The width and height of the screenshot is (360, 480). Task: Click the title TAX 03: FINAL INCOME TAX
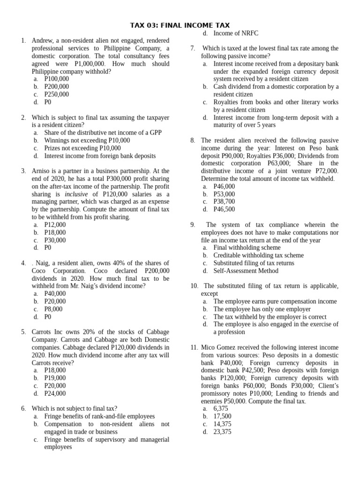click(x=180, y=25)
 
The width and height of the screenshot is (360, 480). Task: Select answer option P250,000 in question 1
click(x=56, y=94)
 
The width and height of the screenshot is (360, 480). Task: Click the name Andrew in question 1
click(x=43, y=41)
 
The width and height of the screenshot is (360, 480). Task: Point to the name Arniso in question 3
click(x=43, y=171)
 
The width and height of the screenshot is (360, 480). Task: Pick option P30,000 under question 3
click(x=55, y=240)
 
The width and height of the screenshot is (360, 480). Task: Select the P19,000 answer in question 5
click(x=55, y=378)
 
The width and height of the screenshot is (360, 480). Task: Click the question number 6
click(x=23, y=408)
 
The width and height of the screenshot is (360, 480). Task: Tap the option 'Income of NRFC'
click(x=236, y=33)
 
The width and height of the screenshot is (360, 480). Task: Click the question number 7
click(x=193, y=48)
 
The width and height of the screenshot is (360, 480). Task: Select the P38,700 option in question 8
click(x=224, y=202)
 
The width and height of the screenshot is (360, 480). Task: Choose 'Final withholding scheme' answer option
click(x=247, y=247)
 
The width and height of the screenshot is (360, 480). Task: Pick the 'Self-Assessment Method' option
click(x=246, y=270)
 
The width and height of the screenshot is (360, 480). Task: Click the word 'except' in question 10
click(x=210, y=293)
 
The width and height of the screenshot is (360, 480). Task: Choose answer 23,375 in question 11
click(x=222, y=432)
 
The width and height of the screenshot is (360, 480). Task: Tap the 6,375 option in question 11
click(x=220, y=409)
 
